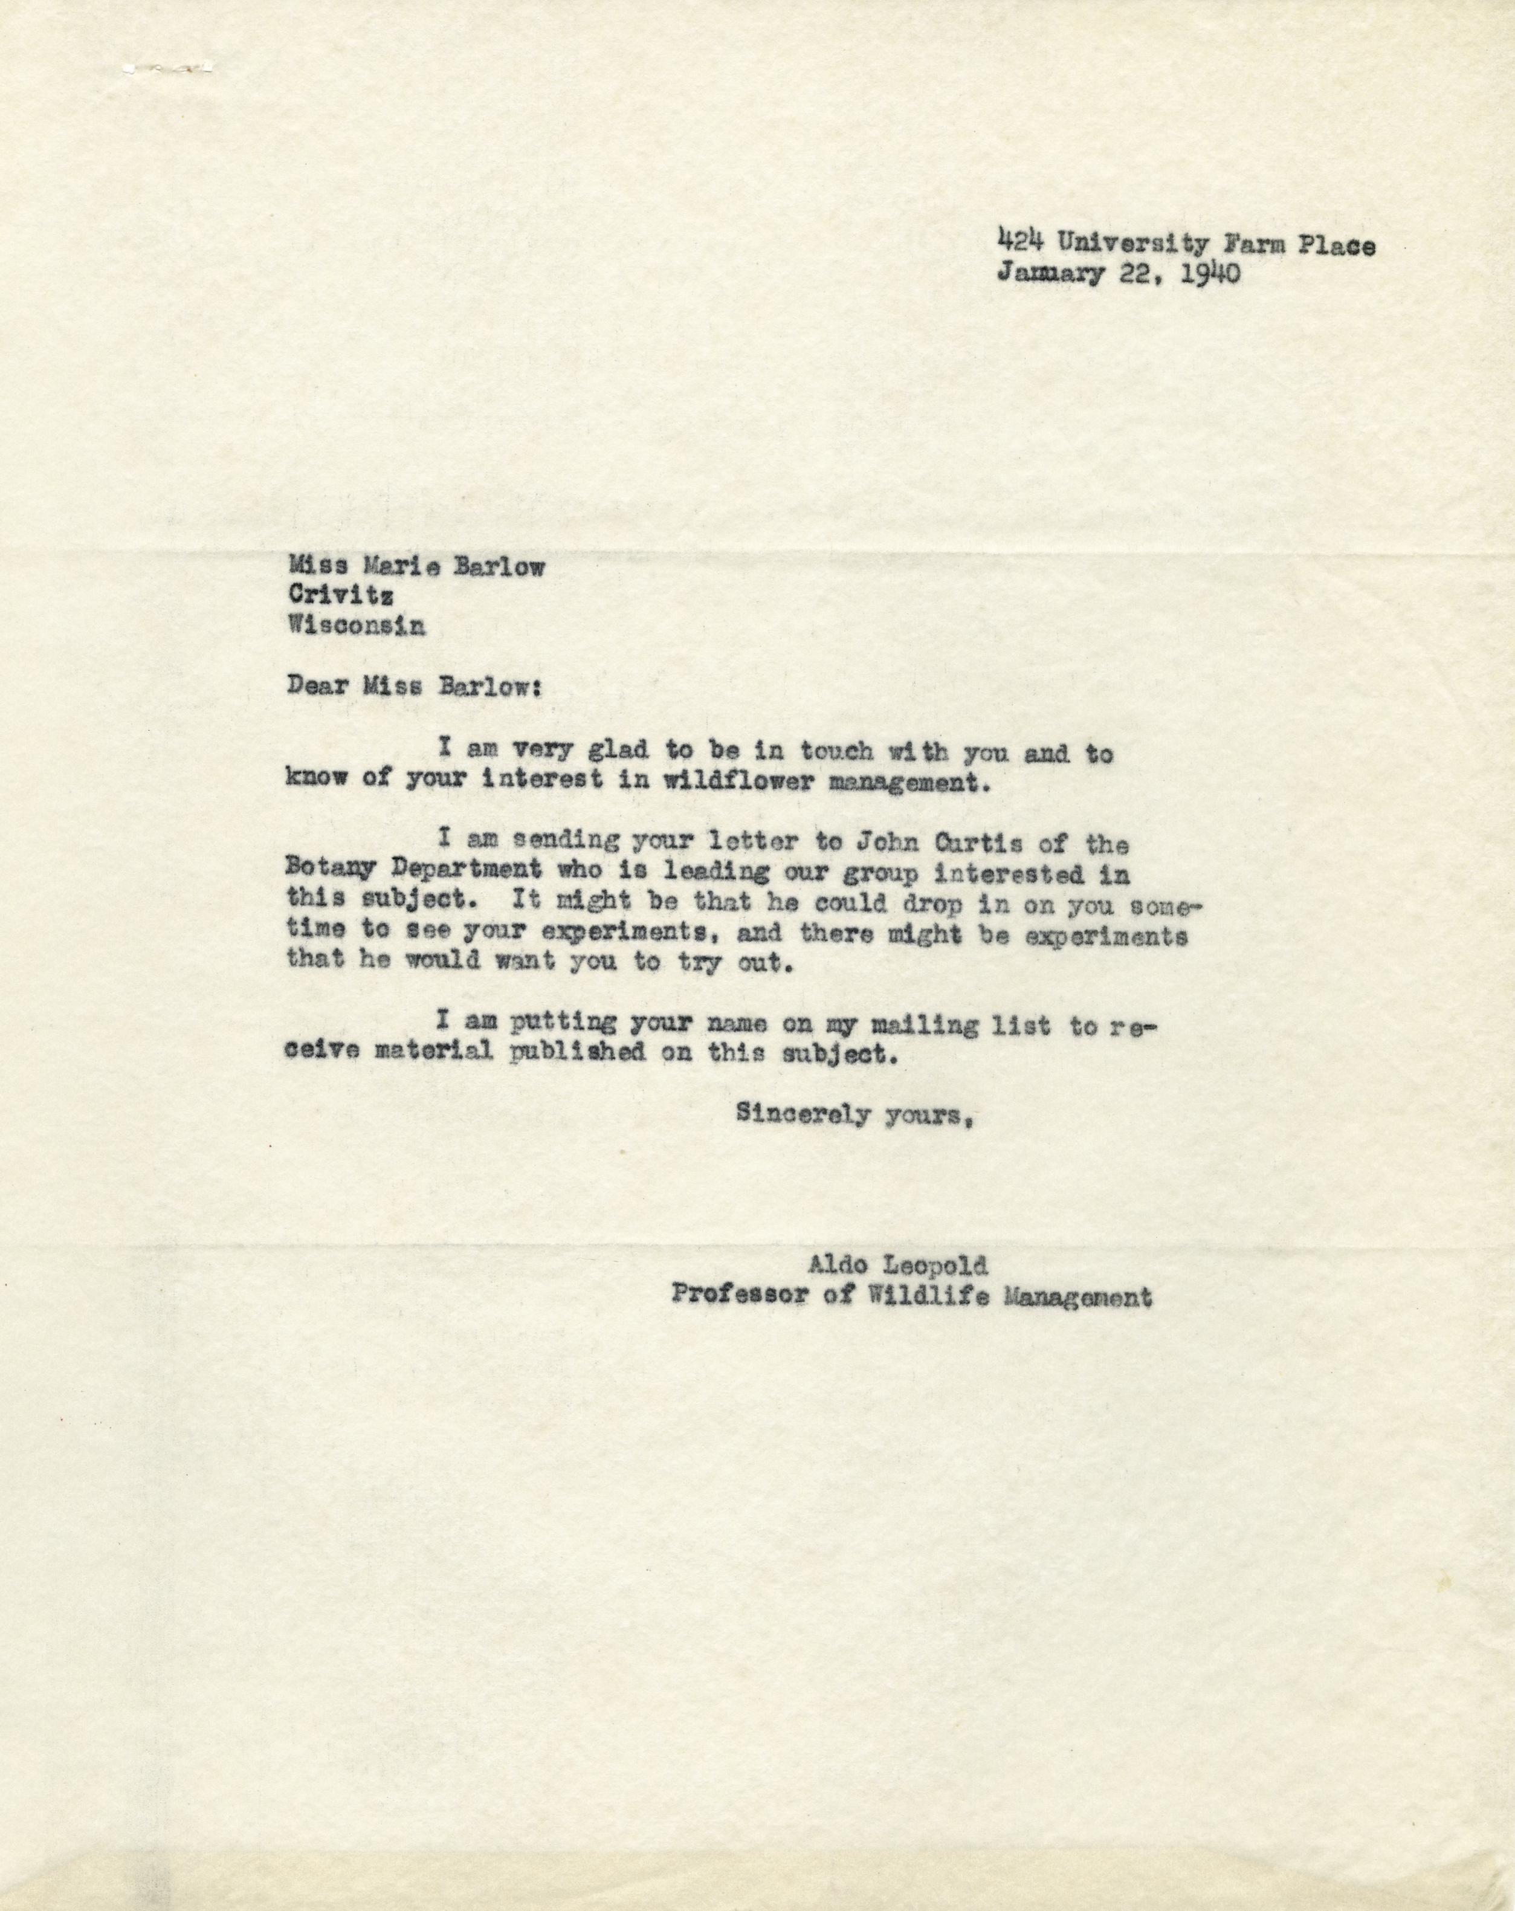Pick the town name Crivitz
point(341,597)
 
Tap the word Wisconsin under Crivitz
point(355,626)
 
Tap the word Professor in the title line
point(740,1298)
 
